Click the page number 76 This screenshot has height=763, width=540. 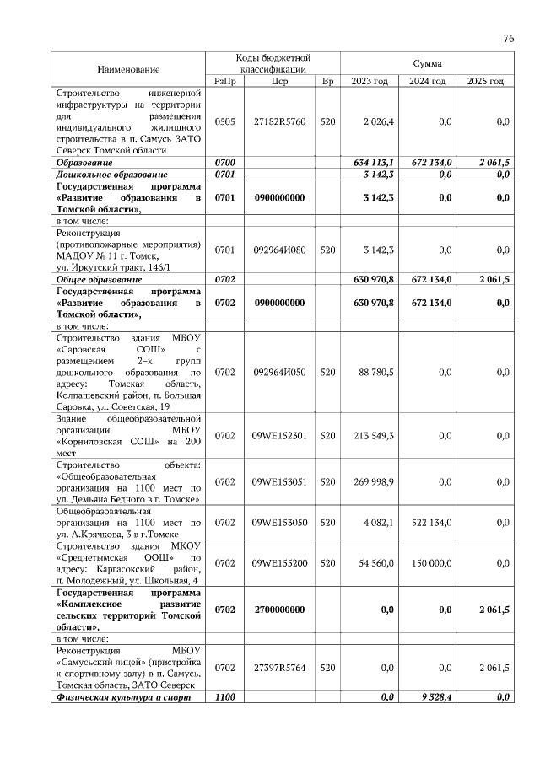point(509,38)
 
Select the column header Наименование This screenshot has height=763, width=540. point(128,68)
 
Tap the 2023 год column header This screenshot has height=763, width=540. point(369,81)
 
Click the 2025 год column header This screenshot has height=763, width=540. point(485,81)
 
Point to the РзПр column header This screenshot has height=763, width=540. point(225,81)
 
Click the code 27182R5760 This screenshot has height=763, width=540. point(280,122)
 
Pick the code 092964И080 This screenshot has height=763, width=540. point(280,250)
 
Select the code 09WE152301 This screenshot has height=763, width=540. point(280,436)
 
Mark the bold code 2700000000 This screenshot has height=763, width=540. point(280,610)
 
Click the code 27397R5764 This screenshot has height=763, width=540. point(280,668)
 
